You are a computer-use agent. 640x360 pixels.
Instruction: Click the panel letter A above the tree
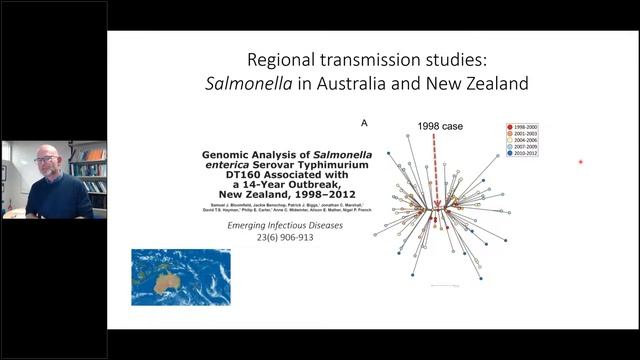pyautogui.click(x=365, y=123)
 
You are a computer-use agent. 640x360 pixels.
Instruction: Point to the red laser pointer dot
pyautogui.click(x=580, y=161)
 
